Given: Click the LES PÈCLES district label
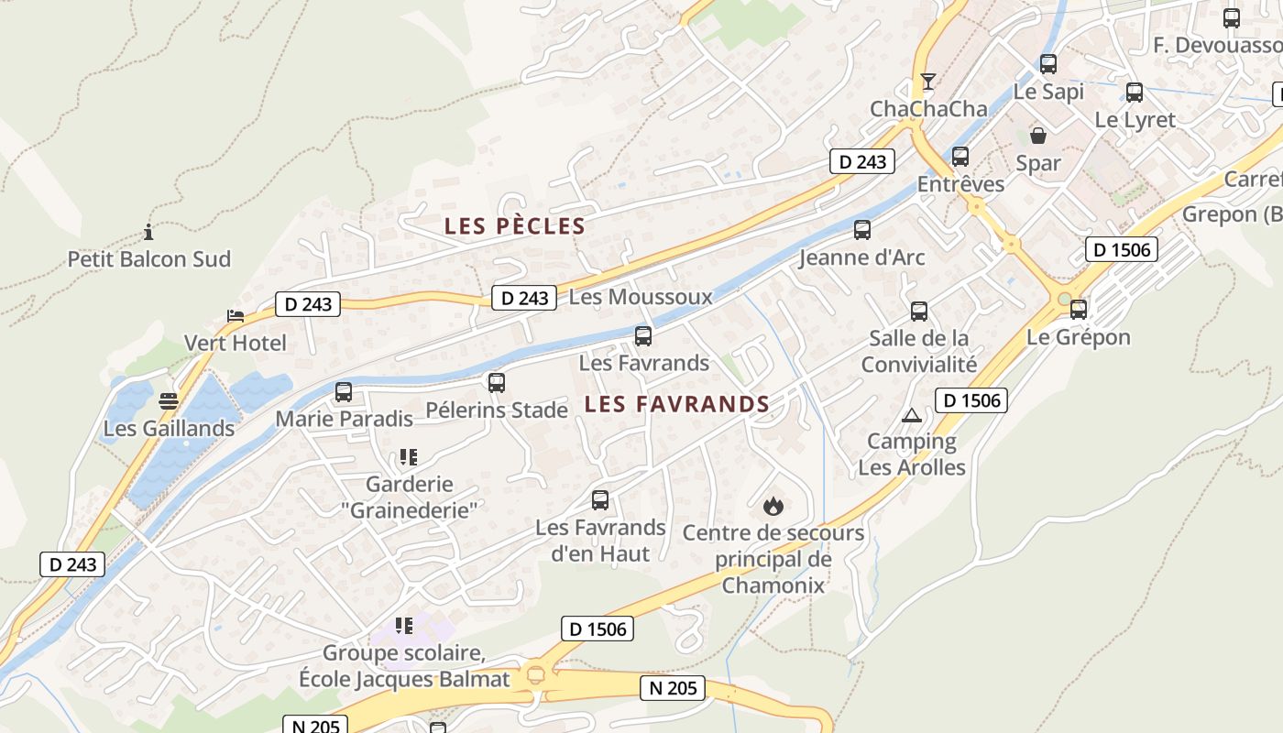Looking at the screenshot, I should [514, 226].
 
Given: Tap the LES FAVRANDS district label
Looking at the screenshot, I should [677, 404].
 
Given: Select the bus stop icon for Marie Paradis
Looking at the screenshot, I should [344, 392].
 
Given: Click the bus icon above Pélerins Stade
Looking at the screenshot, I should [497, 383].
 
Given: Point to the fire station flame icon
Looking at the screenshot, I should [773, 506].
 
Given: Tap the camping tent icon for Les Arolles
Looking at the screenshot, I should [911, 415].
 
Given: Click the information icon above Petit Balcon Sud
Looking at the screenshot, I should [148, 232].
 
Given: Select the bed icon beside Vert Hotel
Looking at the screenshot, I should [236, 316].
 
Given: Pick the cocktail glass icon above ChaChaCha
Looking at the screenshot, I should [928, 82].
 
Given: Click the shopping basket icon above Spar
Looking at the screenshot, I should [1038, 136].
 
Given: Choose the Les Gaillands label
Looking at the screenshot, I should [169, 428].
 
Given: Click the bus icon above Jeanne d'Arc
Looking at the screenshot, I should [862, 230].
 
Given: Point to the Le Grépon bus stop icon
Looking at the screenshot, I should [1079, 310].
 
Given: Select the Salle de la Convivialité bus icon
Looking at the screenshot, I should [919, 312].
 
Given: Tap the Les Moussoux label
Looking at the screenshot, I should [641, 297].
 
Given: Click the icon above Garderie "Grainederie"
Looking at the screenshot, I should [409, 456].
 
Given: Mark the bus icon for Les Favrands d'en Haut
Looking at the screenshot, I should [600, 500].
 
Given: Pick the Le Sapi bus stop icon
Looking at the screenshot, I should [1048, 64].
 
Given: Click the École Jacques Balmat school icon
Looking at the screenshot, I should [404, 626].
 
